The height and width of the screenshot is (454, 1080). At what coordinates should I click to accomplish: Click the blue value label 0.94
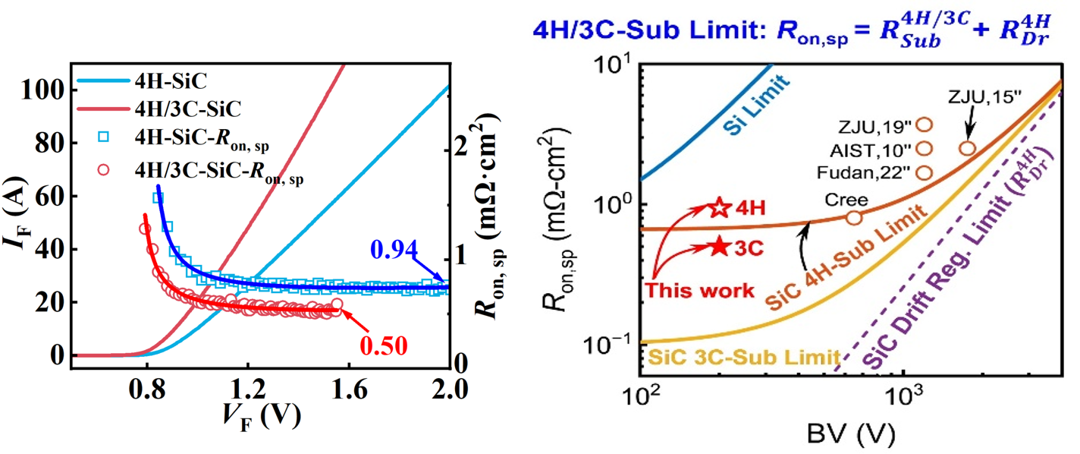(394, 248)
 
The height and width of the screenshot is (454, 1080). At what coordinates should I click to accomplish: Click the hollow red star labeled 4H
(719, 207)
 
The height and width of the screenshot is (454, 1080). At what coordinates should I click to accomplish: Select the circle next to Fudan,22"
(925, 172)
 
